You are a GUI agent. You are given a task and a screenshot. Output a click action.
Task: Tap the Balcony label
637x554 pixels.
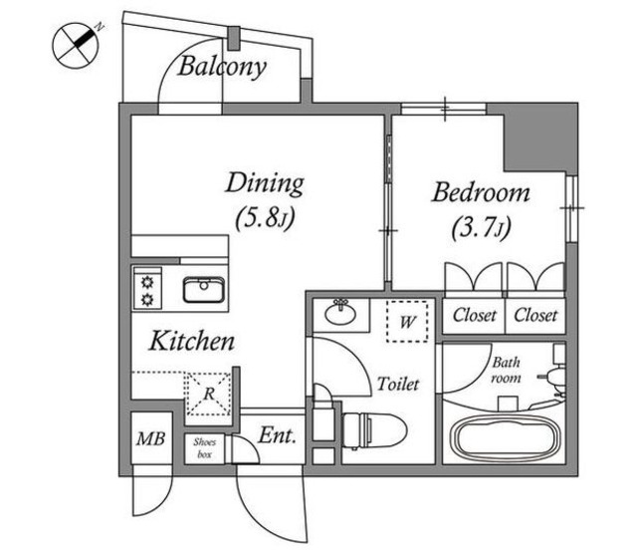tap(223, 68)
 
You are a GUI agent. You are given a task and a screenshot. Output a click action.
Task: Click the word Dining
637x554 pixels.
tap(264, 183)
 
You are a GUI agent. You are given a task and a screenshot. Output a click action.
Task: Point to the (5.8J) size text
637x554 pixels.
tap(264, 216)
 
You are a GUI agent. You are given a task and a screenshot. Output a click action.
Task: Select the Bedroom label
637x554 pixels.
tap(480, 192)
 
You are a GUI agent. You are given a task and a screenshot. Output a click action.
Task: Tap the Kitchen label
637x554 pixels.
tap(192, 342)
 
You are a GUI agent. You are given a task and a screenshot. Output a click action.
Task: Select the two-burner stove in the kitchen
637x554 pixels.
tap(149, 289)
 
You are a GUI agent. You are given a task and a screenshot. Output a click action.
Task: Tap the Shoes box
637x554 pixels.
tap(204, 447)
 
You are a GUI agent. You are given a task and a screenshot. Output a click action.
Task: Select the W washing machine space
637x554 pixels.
tap(409, 322)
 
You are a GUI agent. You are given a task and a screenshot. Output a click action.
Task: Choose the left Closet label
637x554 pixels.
tap(475, 316)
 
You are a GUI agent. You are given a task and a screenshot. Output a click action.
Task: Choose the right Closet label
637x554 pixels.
tap(536, 316)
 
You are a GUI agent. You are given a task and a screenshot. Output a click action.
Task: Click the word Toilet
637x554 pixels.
tap(398, 384)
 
